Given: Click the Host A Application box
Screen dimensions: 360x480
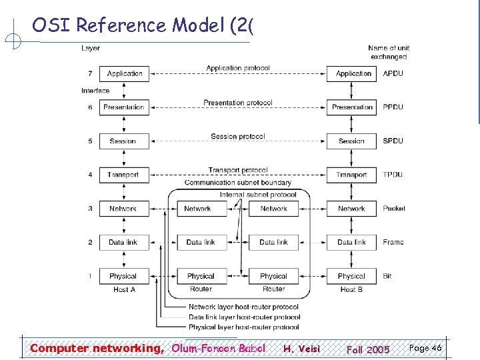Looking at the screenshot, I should coord(124,73).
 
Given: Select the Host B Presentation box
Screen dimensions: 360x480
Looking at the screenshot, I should coord(352,107).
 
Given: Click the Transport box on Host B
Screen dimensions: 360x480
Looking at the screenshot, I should coord(352,175).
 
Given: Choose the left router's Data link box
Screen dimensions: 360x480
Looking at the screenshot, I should coord(201,242).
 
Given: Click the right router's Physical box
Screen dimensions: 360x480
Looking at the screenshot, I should coord(273,276).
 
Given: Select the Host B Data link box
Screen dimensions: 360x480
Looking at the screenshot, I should coord(351,242).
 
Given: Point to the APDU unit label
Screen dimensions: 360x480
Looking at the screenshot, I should coord(393,73).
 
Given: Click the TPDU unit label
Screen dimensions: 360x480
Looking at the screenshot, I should coord(393,175).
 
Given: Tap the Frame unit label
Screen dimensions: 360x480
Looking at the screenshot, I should coord(393,242).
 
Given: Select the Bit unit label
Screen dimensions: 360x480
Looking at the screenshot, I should coord(387,276).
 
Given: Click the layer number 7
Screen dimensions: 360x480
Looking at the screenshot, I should coord(90,73).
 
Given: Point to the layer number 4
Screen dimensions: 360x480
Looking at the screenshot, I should coord(90,175).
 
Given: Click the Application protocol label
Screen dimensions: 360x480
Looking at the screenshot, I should coord(238,68).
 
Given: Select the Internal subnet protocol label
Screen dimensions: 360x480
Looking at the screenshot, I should coord(259,195).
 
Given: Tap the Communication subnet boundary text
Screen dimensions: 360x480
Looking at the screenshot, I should coord(238,183).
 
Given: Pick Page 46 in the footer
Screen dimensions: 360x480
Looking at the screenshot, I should coord(425,348).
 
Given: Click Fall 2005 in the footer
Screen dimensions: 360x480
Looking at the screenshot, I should coord(368,349).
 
